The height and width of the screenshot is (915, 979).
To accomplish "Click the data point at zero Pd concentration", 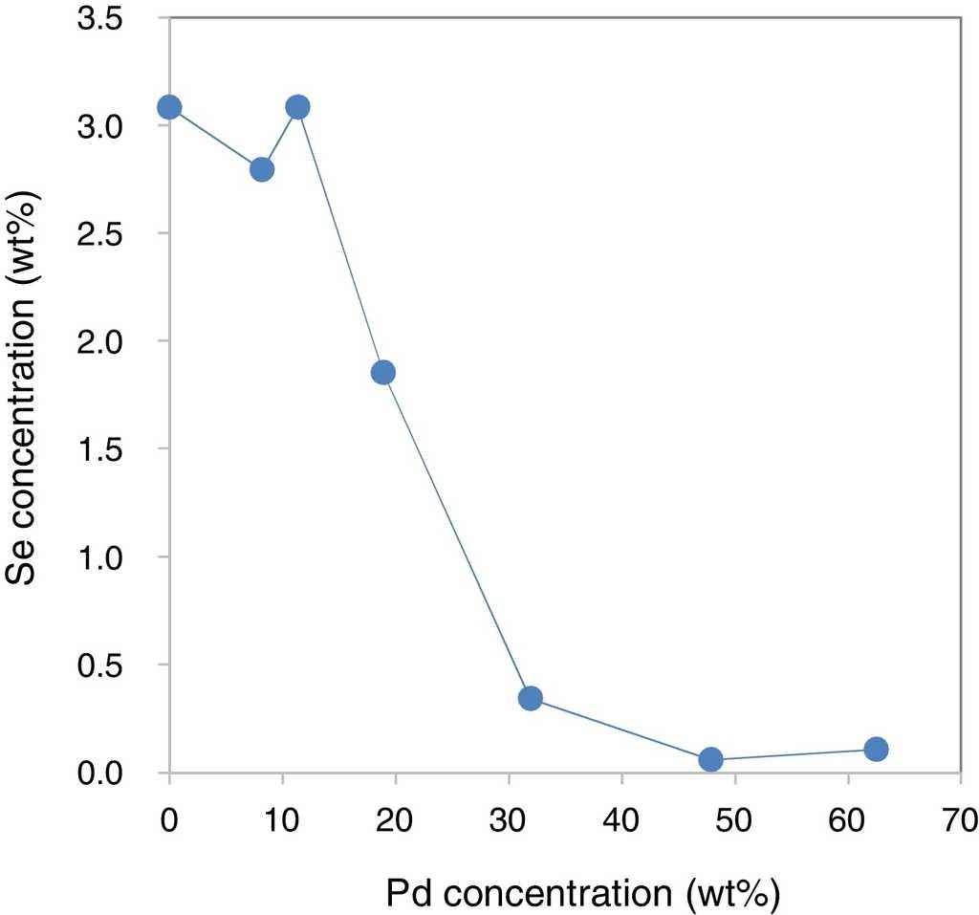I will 169,107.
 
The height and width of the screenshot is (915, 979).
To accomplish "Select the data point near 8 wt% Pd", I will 262,170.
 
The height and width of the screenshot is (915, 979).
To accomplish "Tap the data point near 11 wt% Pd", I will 297,107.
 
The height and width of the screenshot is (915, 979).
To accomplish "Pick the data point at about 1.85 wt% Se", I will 383,373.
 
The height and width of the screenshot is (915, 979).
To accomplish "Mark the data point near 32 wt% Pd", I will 531,698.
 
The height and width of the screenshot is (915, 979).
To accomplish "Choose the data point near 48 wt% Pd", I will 710,759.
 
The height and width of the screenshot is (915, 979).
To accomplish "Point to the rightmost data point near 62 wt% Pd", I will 876,749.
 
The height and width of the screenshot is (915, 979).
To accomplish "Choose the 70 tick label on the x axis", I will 960,820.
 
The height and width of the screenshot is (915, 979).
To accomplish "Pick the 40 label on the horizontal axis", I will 621,820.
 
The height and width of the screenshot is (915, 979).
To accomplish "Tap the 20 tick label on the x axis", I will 396,820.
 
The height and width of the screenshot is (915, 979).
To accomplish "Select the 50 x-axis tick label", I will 734,820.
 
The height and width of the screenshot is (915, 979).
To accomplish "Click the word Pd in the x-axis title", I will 409,894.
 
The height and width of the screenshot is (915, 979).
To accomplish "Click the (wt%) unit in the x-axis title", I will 733,894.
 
